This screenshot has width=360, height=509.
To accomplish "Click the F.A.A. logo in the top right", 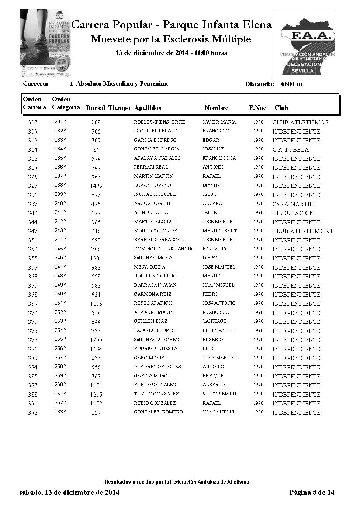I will tap(304, 44).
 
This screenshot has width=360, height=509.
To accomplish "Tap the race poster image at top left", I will tap(45, 43).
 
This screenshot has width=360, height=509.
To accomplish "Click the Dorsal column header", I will tap(95, 108).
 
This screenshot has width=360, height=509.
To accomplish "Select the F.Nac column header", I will tap(257, 108).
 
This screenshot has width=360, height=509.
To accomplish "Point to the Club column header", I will tap(281, 108).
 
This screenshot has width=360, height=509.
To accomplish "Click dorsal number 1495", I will tap(96, 186).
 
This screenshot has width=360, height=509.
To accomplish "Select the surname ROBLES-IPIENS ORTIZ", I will tap(159, 122).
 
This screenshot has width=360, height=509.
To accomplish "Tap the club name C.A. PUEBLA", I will tap(290, 150).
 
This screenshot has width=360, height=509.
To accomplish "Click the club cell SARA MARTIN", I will tap(293, 204).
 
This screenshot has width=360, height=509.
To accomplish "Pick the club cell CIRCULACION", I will tap(293, 213).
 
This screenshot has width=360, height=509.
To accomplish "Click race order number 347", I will tap(32, 231).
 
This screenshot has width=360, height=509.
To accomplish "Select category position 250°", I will tap(60, 294).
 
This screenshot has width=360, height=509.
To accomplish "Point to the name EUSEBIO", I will tap(212, 340).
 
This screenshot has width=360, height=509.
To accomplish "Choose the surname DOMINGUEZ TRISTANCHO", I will tap(164, 249).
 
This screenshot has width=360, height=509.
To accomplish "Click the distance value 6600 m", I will tap(291, 84).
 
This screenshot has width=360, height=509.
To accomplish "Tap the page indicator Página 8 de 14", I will tap(312, 492).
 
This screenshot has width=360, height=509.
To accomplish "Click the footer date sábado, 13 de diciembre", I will tap(69, 492).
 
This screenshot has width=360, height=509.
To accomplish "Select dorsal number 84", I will tap(96, 150).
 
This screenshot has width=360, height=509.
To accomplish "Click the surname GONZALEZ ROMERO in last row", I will tap(158, 412).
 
